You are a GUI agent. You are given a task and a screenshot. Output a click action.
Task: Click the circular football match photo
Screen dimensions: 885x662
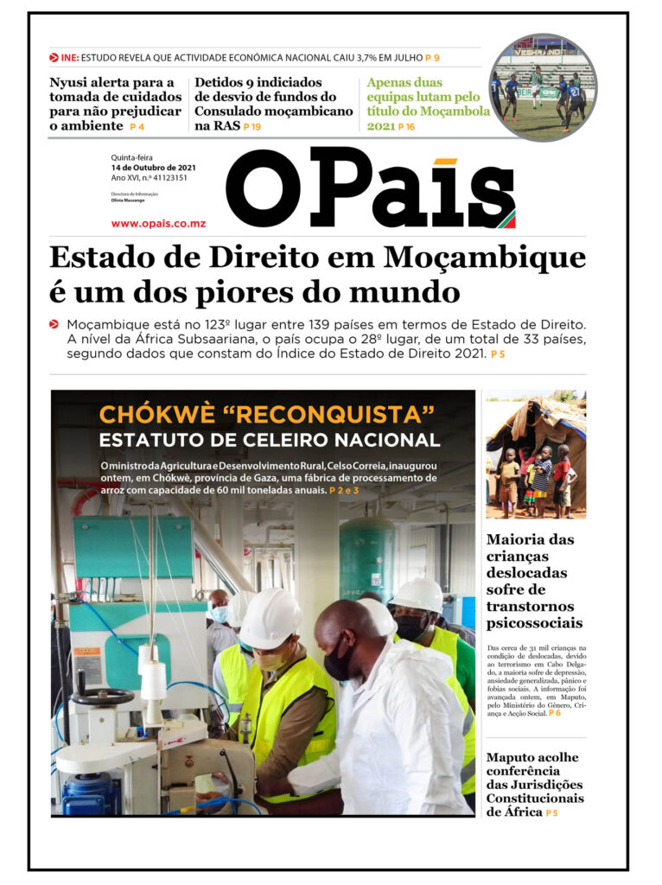coord(543,87)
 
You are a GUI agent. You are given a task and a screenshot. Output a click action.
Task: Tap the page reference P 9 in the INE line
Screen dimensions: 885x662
coord(432,57)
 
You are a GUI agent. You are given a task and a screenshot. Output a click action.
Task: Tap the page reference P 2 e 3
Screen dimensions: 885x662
coord(344,490)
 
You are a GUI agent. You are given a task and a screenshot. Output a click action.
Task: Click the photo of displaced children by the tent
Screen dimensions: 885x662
coord(535,454)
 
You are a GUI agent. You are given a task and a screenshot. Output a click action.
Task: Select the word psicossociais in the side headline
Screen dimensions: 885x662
coord(534,622)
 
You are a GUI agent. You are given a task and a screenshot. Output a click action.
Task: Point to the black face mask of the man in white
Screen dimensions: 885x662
coord(339,665)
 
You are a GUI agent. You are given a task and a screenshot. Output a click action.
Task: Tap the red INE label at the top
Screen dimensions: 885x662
coord(70,57)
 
